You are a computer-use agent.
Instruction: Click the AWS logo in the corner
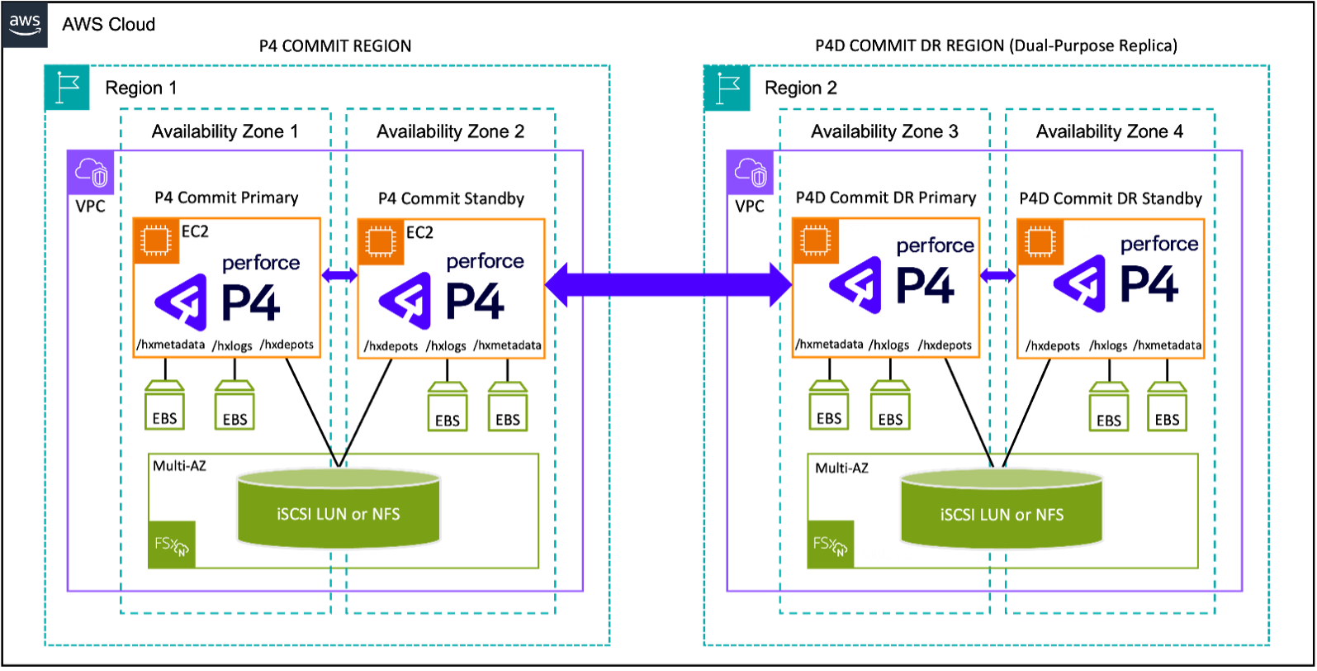(25, 25)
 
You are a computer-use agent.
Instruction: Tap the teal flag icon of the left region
(67, 88)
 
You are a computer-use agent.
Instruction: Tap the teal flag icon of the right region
(727, 88)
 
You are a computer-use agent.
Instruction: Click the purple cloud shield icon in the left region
(91, 173)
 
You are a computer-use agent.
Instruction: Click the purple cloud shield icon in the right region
(751, 173)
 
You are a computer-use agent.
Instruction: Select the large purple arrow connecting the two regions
(669, 285)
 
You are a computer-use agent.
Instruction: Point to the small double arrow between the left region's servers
(339, 275)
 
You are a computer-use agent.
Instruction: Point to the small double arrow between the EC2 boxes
(998, 275)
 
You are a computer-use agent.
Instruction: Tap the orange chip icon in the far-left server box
(156, 241)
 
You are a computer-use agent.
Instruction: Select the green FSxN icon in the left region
(172, 544)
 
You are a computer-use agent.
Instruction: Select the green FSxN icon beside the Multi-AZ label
(831, 544)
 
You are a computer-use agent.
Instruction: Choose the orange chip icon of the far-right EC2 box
(1040, 242)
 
